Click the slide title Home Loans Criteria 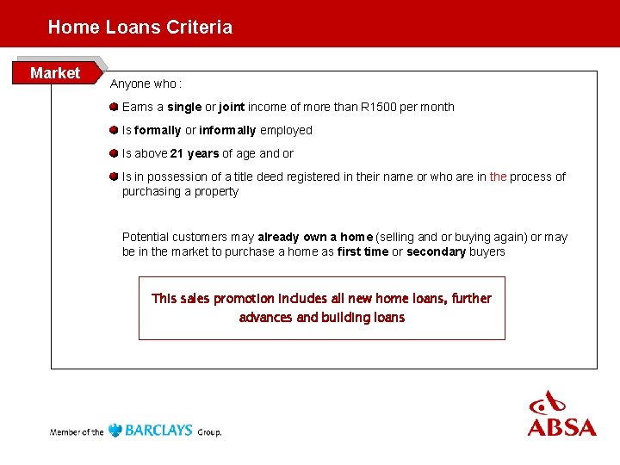coord(139,27)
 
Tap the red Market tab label coord(55,73)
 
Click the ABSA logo coord(561,414)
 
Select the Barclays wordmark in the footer coord(159,431)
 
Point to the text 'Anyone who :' coord(146,84)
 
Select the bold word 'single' coord(184,108)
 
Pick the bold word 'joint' coord(232,108)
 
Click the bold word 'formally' coord(158,131)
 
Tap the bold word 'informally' coord(227,131)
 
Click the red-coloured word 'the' coord(498,177)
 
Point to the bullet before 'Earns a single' coord(114,107)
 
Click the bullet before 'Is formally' coord(114,130)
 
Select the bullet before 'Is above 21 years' coord(114,153)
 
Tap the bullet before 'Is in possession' coord(114,177)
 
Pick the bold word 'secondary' coord(436,252)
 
